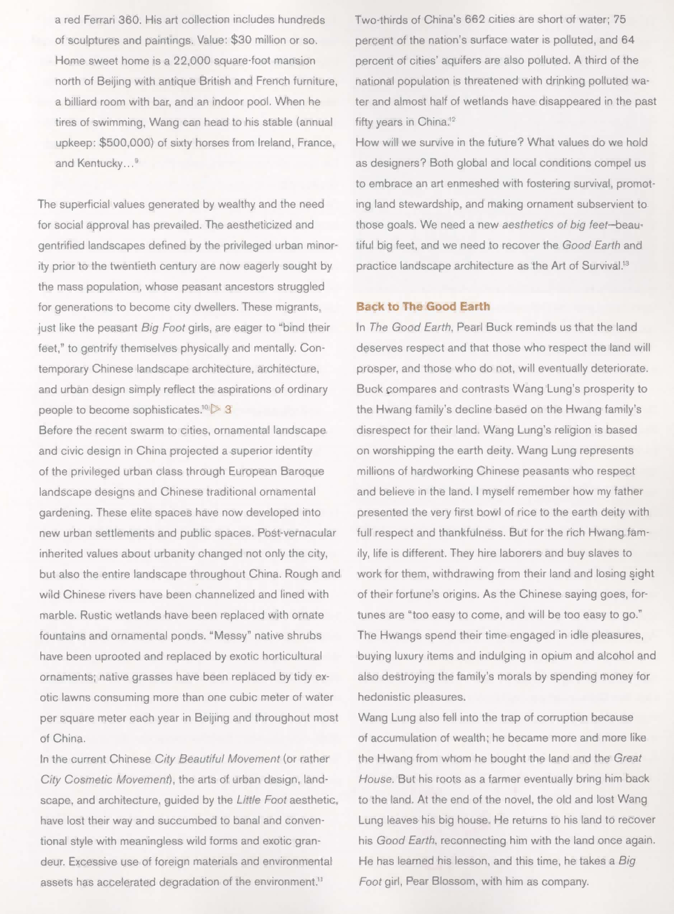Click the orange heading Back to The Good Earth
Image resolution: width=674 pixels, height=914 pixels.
click(x=423, y=306)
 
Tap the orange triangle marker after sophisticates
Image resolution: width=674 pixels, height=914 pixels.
click(x=215, y=409)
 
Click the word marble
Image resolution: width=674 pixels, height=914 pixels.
click(x=56, y=615)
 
